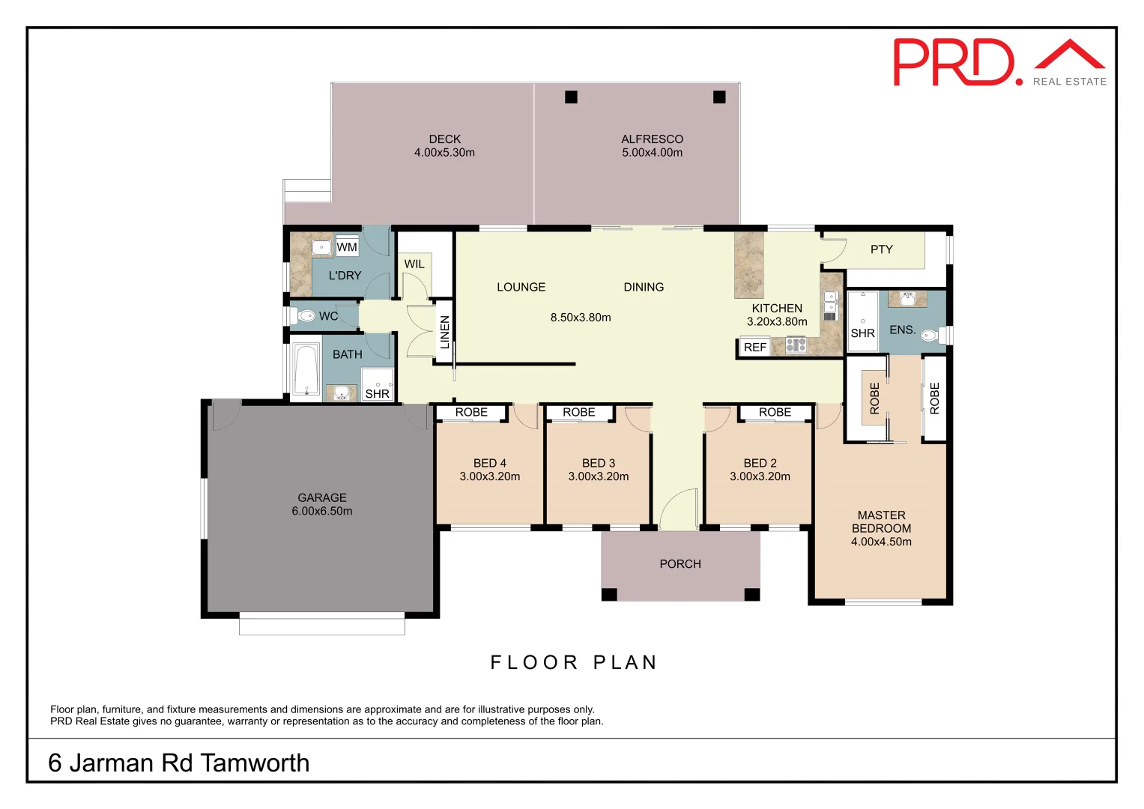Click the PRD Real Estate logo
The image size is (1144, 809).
click(x=999, y=63)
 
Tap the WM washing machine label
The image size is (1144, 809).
click(x=347, y=247)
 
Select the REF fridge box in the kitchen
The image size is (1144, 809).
click(x=754, y=347)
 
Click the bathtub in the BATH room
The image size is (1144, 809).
click(x=306, y=369)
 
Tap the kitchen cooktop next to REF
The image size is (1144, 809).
click(x=796, y=345)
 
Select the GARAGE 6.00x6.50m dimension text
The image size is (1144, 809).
click(x=322, y=511)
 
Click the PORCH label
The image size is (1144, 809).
click(x=680, y=564)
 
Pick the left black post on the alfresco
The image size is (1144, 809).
click(x=571, y=97)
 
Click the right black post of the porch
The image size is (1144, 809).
click(x=751, y=594)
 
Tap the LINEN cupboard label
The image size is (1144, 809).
click(x=445, y=332)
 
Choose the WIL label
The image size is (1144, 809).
click(x=414, y=264)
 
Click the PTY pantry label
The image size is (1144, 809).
click(x=881, y=249)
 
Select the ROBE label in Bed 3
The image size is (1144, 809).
click(x=578, y=413)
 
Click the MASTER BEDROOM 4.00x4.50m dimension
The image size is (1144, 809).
click(x=881, y=542)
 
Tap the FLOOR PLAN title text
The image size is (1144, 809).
click(x=573, y=662)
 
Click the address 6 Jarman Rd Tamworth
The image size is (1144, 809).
click(x=179, y=763)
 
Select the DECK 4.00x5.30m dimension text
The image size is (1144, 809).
click(x=444, y=153)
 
